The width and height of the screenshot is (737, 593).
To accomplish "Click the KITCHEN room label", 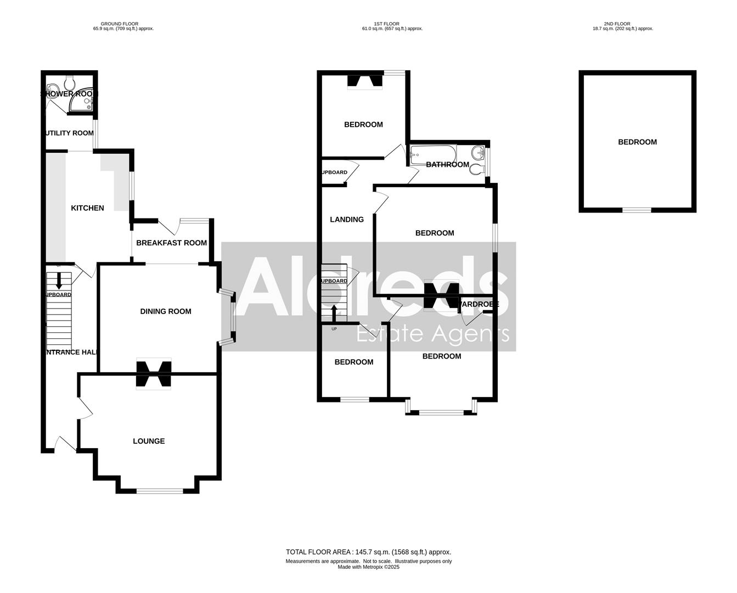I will (87, 208).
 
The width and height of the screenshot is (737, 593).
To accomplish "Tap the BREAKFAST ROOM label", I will (171, 243).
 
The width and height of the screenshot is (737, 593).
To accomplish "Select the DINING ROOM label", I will (166, 311).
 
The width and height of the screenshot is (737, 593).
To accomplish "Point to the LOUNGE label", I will (149, 441).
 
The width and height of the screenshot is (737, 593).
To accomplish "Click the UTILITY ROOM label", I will (69, 133).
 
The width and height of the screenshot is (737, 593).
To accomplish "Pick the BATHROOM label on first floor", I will (447, 165).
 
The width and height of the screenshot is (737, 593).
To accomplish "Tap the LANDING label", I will (346, 220).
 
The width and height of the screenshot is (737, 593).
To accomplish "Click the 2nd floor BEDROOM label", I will (637, 142).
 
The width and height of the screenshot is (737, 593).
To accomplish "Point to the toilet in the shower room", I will (70, 82).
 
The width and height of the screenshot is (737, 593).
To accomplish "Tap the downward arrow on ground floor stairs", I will (58, 279).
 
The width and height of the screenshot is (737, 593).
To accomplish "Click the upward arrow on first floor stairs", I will (334, 312).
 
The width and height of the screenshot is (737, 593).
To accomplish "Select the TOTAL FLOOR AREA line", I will (368, 552).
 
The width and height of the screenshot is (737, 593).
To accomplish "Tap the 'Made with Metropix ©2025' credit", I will (368, 567).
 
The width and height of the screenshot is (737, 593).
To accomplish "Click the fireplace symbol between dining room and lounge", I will (154, 374).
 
